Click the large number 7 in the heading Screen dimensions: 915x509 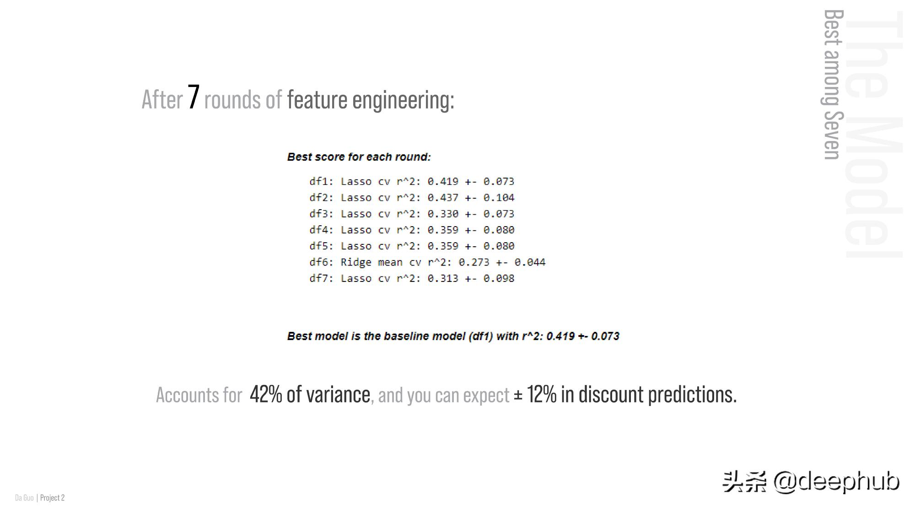click(x=194, y=97)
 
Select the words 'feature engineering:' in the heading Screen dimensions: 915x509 click(x=371, y=99)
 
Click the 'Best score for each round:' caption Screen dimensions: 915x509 click(x=359, y=157)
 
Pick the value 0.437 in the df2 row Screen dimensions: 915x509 click(x=443, y=197)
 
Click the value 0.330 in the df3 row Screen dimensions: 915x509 click(x=443, y=214)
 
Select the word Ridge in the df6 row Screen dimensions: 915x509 click(x=356, y=262)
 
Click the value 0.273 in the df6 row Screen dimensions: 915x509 click(x=474, y=262)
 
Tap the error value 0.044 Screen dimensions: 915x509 click(x=530, y=262)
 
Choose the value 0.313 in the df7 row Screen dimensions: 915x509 click(x=443, y=278)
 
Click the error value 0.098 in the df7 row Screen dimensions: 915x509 click(x=499, y=278)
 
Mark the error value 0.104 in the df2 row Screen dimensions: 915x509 click(x=499, y=197)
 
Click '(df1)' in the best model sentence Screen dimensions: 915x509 click(x=481, y=336)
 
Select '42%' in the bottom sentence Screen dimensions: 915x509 click(x=266, y=394)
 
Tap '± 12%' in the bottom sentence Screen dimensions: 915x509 click(x=535, y=394)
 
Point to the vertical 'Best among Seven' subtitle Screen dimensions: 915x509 click(x=833, y=85)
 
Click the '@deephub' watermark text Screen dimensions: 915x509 click(x=836, y=482)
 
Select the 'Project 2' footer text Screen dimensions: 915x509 click(x=52, y=498)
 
